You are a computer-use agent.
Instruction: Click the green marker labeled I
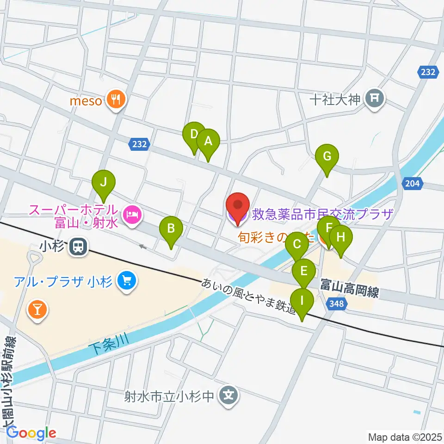[302, 301]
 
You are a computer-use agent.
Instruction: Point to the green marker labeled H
[341, 238]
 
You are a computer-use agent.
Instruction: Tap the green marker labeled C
[297, 243]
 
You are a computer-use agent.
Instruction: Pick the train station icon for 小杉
[77, 247]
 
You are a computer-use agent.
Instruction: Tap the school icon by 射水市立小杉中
[228, 396]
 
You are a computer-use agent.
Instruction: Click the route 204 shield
[413, 184]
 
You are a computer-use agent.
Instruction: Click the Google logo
[31, 433]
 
